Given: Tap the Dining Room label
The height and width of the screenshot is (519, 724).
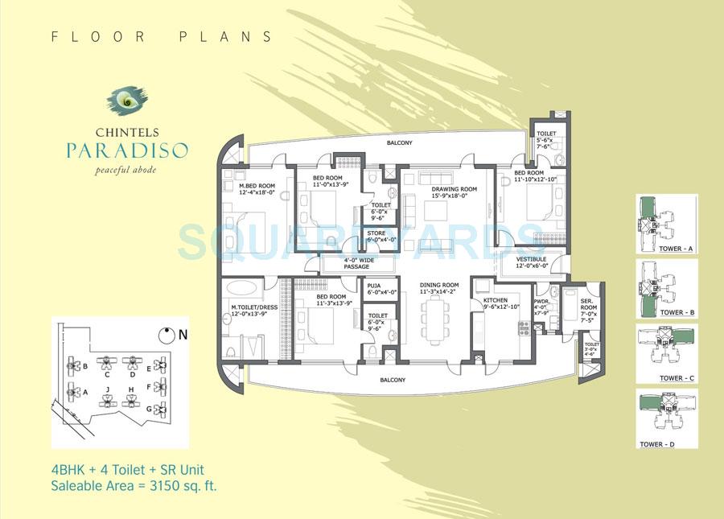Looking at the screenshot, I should click(x=438, y=285).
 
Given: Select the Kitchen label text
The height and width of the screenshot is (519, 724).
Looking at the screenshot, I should click(x=496, y=301).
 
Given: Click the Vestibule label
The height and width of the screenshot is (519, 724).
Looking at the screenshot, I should click(x=532, y=259).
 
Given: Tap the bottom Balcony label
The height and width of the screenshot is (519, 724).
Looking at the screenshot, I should click(x=393, y=379).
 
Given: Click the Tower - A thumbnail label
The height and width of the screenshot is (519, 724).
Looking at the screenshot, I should click(x=675, y=250).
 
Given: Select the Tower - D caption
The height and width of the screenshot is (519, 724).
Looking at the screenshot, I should click(x=675, y=443).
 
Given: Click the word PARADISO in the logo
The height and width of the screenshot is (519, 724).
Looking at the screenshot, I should click(x=128, y=150).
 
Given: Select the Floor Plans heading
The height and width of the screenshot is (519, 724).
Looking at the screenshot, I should click(x=161, y=36).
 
